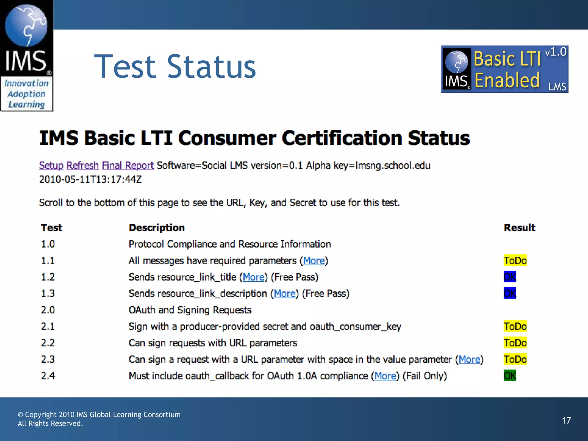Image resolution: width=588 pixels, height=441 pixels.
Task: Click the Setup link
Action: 51,165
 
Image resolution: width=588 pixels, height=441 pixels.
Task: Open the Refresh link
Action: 82,165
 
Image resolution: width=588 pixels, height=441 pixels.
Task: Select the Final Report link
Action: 128,165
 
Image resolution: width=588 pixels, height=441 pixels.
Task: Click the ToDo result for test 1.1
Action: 515,260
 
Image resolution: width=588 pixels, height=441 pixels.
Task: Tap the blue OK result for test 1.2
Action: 510,277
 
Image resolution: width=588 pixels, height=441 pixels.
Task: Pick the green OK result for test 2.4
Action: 510,376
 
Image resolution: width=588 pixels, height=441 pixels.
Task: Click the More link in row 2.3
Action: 469,359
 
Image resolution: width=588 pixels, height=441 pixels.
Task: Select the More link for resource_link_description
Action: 285,293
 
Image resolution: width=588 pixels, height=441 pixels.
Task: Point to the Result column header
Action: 519,227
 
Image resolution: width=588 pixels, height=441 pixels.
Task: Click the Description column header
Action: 157,227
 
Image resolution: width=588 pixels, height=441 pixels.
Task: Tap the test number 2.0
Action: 48,310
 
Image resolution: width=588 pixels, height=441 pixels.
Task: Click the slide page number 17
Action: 566,421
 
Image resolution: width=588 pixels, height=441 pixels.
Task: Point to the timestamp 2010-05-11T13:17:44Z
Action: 90,179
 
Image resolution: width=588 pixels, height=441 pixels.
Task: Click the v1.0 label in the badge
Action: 556,52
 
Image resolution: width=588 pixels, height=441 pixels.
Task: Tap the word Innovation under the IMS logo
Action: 26,83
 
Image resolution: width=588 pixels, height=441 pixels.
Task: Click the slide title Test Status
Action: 175,67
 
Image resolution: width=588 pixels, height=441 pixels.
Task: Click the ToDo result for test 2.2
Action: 515,343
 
